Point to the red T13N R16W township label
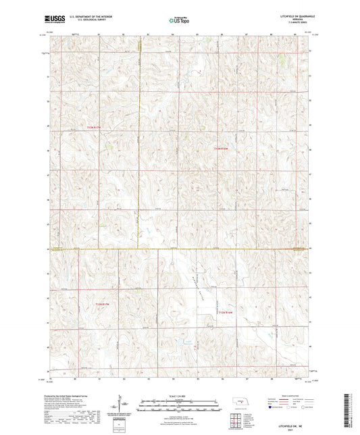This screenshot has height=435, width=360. click(226, 313)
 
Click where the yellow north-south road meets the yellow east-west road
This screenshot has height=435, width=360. click(135, 249)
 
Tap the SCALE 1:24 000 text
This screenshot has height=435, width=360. click(178, 396)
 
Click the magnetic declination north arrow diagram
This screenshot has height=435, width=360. click(124, 404)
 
